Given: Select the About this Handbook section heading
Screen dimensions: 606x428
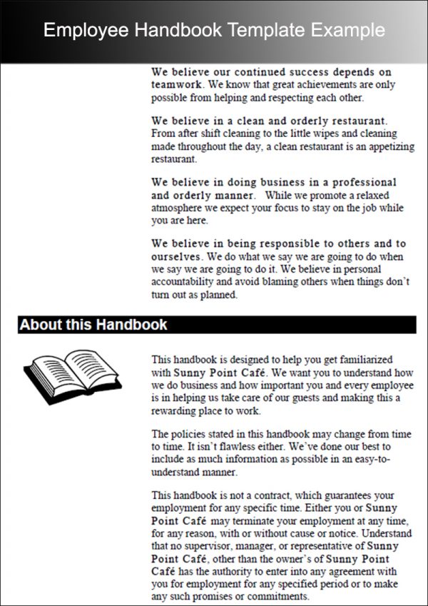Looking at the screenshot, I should click(93, 325).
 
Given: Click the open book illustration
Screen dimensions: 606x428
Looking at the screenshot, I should click(72, 371).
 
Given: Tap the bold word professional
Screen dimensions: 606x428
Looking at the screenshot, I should click(359, 183).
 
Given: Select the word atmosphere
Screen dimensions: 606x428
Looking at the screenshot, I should click(178, 208).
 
